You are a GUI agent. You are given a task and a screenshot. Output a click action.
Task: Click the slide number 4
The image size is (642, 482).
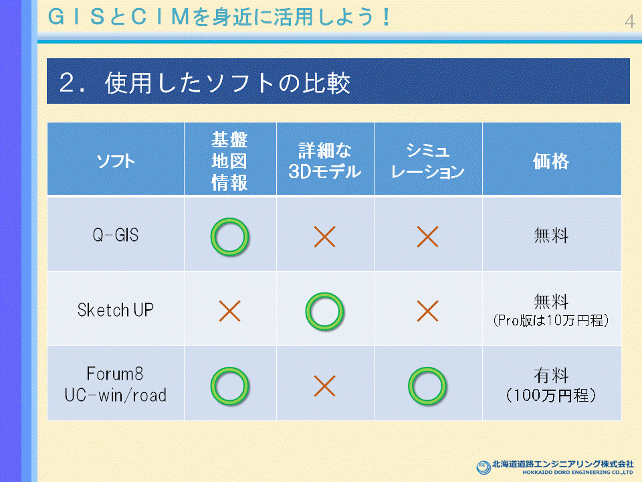630,21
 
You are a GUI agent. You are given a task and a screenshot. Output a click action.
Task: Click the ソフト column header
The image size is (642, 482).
116,161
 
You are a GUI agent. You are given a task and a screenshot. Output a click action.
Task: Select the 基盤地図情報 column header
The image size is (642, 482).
229,161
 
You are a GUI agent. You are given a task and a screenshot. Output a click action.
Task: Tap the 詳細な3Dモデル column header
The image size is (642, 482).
325,161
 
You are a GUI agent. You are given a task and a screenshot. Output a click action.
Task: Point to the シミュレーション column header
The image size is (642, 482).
428,161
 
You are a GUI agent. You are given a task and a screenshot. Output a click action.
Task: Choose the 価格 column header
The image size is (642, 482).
551,161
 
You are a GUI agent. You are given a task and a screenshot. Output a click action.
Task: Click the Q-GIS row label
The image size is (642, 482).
116,235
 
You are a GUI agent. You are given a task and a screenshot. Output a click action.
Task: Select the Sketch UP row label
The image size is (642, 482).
116,310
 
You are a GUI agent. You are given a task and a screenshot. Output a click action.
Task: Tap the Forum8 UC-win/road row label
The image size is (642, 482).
116,384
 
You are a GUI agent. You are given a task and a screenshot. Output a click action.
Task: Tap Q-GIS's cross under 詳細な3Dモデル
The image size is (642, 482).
325,237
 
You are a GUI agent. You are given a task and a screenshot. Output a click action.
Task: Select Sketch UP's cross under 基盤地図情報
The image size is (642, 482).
229,311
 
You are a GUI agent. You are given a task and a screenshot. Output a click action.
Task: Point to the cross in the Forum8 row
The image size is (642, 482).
325,386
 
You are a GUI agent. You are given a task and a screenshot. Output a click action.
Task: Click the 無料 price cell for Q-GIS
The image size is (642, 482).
551,236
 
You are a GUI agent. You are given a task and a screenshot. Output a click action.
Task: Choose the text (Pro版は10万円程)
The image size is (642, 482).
551,320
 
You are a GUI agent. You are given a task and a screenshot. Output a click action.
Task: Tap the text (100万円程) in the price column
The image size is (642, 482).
551,396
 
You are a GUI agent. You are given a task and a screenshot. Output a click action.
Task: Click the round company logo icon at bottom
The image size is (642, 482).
484,467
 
